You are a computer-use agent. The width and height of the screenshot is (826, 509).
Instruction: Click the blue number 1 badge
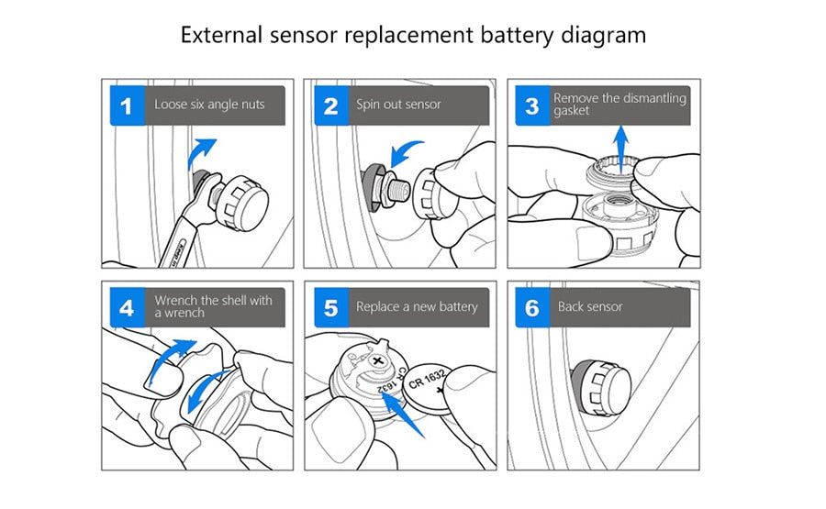click(x=127, y=106)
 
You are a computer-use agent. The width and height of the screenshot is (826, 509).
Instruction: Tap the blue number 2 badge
click(x=330, y=106)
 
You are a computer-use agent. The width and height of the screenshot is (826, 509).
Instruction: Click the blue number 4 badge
click(x=127, y=307)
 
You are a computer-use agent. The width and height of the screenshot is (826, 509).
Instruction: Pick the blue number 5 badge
click(x=330, y=307)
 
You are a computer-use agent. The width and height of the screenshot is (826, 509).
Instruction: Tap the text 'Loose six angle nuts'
click(x=208, y=105)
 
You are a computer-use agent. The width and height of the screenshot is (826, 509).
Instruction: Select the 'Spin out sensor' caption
click(x=398, y=105)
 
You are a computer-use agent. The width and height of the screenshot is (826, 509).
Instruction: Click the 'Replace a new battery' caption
click(x=417, y=306)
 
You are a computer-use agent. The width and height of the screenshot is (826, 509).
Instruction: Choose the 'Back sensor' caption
click(x=590, y=306)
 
